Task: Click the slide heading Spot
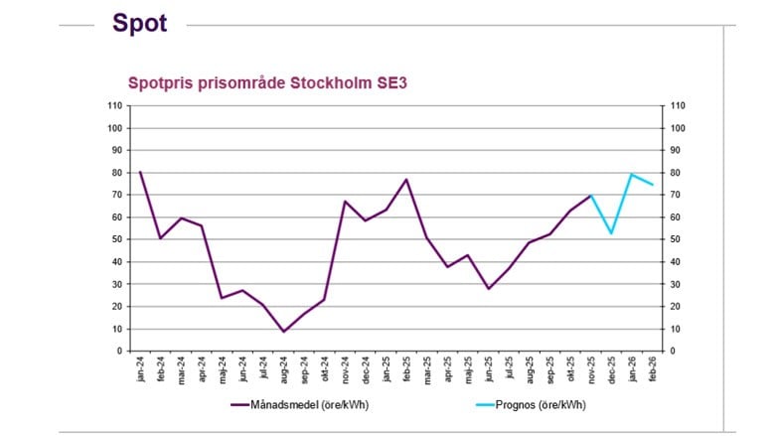click(139, 24)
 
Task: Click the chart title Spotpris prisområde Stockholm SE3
click(267, 83)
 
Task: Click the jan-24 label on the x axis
click(140, 366)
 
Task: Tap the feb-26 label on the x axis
click(653, 366)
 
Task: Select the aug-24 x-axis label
click(283, 366)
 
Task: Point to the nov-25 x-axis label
click(591, 366)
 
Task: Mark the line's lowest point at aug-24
click(283, 332)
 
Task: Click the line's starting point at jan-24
click(140, 172)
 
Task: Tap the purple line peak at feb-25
click(406, 180)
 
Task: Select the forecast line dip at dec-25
click(611, 233)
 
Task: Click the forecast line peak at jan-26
click(632, 174)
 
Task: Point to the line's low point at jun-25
click(488, 288)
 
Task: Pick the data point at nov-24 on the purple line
click(345, 202)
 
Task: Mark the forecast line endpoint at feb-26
click(653, 185)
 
